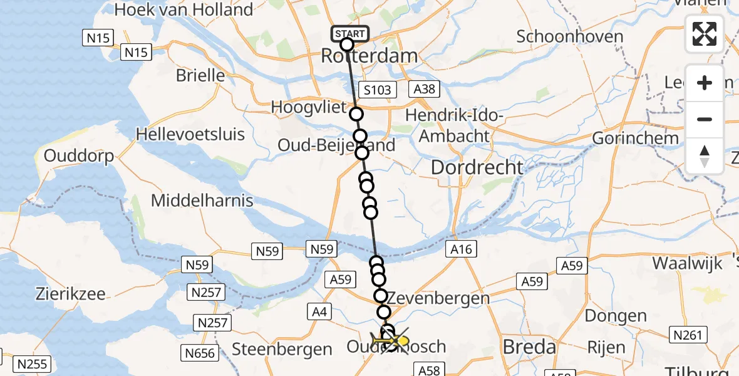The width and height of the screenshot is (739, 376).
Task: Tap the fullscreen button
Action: click(x=705, y=34)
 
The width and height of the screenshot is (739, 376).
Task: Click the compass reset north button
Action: click(x=705, y=156)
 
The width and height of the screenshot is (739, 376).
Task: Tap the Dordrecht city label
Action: click(x=477, y=167)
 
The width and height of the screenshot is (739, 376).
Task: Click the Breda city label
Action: click(x=529, y=347)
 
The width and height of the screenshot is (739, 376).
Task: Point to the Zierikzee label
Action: click(x=71, y=293)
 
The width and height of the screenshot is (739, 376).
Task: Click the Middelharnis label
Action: click(x=202, y=201)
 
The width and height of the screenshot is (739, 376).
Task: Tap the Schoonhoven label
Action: click(x=569, y=36)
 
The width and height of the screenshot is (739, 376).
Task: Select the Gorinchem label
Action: click(x=635, y=138)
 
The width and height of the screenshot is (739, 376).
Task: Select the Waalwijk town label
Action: click(x=686, y=263)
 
